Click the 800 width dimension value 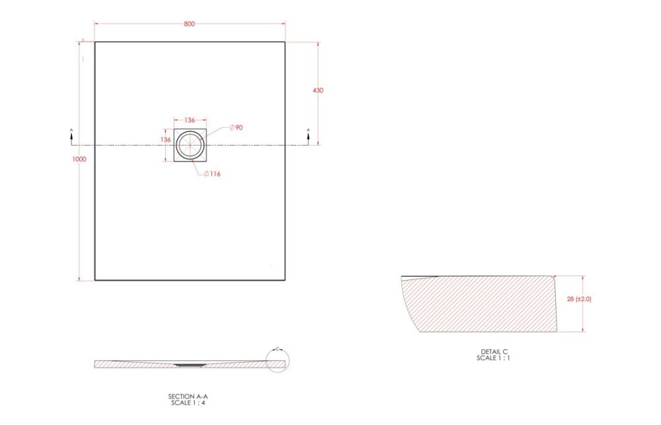pos(189,24)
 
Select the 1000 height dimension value pos(79,159)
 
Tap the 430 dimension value pos(318,90)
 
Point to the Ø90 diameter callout pos(236,128)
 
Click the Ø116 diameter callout pos(212,174)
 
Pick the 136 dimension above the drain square pos(190,120)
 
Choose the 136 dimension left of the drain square pos(166,140)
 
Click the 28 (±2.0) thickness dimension pos(579,299)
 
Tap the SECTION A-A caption pos(188,397)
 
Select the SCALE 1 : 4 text pos(188,402)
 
